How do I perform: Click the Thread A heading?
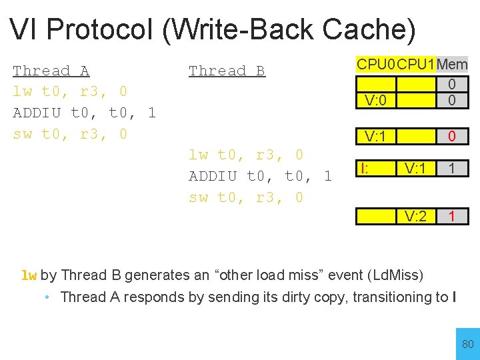(51, 71)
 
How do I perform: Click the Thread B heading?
(227, 71)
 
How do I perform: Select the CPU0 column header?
(376, 65)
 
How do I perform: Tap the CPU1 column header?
(416, 65)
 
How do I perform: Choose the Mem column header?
(452, 65)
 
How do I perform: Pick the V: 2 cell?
(415, 216)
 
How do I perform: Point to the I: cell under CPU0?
(365, 169)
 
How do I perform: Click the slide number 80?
(468, 344)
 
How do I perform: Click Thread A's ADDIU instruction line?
(84, 113)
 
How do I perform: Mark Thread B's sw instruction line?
(246, 197)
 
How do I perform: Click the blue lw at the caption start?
(29, 275)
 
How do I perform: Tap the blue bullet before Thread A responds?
(47, 297)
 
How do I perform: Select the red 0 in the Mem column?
(452, 137)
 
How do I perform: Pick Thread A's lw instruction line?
(70, 91)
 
